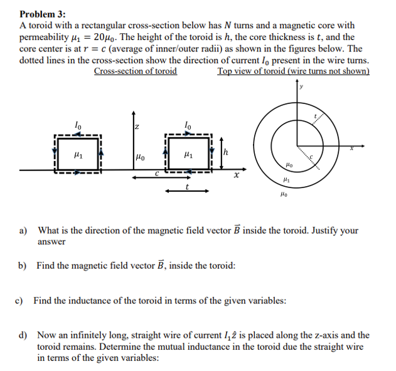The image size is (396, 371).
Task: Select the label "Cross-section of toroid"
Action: pyautogui.click(x=135, y=71)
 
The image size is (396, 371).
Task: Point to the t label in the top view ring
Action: pyautogui.click(x=317, y=117)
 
